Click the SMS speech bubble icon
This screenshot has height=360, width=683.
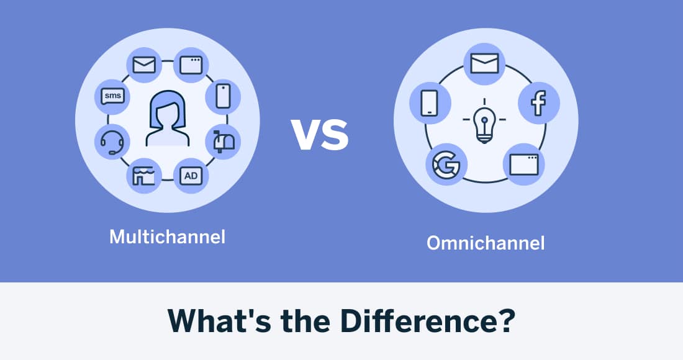pos(112,96)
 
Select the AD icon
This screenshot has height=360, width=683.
pos(191,176)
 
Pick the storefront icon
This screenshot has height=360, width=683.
pos(144,176)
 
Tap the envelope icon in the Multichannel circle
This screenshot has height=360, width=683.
pos(144,64)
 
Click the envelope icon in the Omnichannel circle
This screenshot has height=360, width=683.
pos(484,63)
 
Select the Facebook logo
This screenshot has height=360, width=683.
pos(538,103)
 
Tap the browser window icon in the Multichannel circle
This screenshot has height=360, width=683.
pos(191,64)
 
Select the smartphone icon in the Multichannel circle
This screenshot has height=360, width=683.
pos(224,96)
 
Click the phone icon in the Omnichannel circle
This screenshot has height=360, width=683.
pos(430,103)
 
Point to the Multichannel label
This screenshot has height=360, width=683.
pos(167,236)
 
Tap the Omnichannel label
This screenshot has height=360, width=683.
pos(485,243)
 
